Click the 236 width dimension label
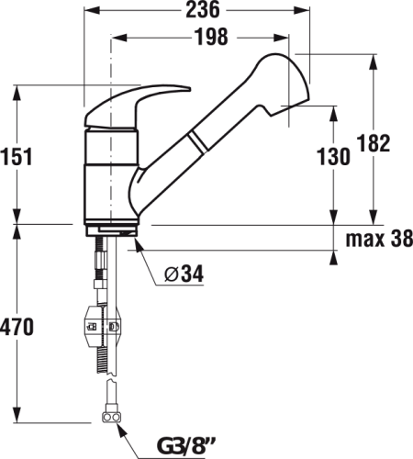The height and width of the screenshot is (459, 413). [203, 9]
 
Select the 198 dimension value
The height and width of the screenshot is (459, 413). [212, 37]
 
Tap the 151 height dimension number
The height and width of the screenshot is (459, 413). [17, 156]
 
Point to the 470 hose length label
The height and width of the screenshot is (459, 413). [17, 327]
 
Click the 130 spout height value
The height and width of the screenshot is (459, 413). [333, 157]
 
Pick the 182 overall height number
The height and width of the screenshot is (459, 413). [374, 143]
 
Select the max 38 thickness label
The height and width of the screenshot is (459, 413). [379, 239]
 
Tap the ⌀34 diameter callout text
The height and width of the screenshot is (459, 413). [184, 274]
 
